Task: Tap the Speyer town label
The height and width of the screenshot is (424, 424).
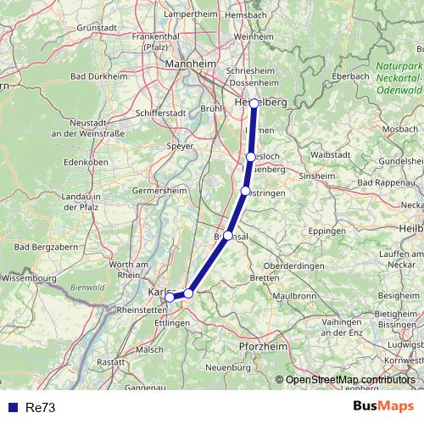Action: pos(181,145)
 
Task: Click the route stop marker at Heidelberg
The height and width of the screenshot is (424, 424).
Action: pos(254,103)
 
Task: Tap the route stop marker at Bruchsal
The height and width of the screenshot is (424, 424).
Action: pos(227,236)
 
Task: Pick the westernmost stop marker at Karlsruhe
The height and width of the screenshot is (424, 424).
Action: pos(170,297)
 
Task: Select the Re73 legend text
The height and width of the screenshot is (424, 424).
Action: pos(41,407)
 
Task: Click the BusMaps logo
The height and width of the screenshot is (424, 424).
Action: pos(383,406)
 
